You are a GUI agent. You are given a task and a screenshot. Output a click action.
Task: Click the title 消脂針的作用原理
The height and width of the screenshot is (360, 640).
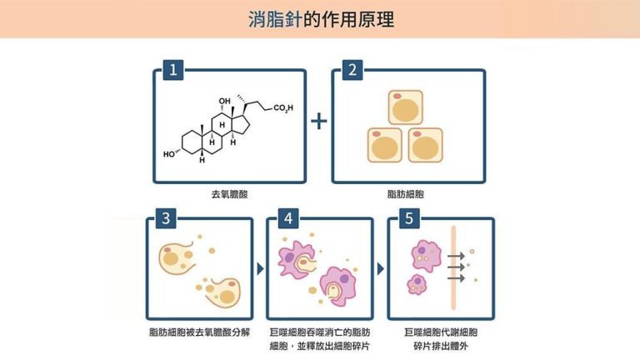pos(321,19)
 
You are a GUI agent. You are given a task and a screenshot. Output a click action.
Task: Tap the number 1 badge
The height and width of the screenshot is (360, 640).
pos(172,70)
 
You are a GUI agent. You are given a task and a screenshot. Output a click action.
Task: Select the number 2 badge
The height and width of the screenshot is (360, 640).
pos(351,70)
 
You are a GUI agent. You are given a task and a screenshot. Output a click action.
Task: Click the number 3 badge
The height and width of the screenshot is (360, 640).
pos(167,219)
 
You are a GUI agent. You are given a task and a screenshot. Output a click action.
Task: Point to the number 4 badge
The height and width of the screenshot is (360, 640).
pos(287,219)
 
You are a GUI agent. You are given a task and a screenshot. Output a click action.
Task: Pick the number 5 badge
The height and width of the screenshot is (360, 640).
pos(408,219)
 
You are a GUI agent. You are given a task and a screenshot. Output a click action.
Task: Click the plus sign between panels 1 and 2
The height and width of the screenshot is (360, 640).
pos(319,121)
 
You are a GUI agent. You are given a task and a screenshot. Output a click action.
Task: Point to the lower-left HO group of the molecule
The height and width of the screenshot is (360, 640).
pos(170,154)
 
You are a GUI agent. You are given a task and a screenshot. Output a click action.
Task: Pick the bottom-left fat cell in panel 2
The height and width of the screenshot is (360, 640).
pos(385,145)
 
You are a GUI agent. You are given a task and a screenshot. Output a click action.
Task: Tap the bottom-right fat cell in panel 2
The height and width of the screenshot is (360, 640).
pos(425,145)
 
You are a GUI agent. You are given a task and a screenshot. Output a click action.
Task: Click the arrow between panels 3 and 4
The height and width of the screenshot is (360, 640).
pos(260,269)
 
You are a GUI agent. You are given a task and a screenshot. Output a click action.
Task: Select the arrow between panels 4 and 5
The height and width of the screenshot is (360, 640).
pos(381,269)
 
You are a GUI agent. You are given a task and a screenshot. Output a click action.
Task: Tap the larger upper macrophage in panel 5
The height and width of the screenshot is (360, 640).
pos(425,255)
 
